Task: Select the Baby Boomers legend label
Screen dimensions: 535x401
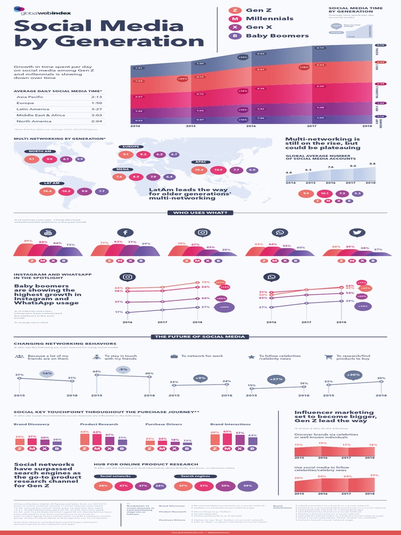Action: (x=269, y=36)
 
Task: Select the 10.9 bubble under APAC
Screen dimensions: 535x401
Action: (x=218, y=170)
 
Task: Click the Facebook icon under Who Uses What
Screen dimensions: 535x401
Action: (x=125, y=232)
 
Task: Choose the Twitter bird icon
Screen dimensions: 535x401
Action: (x=357, y=232)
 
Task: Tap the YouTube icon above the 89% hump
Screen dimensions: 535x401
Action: (x=49, y=232)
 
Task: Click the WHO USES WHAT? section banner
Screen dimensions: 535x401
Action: (x=200, y=213)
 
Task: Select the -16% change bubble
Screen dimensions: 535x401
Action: (x=47, y=374)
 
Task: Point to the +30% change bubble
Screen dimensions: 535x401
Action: (x=355, y=374)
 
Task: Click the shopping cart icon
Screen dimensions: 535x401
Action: (x=328, y=357)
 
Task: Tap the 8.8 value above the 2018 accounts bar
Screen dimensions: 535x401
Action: (x=372, y=164)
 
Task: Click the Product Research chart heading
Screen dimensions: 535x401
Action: (x=92, y=424)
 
